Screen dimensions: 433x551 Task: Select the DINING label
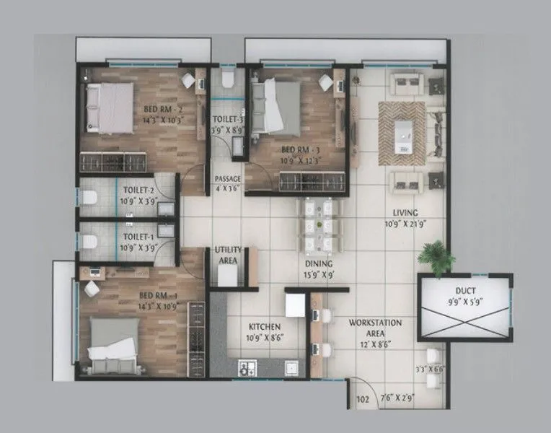(x=318, y=264)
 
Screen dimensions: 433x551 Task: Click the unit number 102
(x=363, y=398)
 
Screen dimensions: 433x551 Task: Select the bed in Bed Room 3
(x=275, y=107)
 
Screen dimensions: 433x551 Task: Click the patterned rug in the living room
(x=402, y=128)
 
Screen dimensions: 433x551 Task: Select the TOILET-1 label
(x=138, y=237)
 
